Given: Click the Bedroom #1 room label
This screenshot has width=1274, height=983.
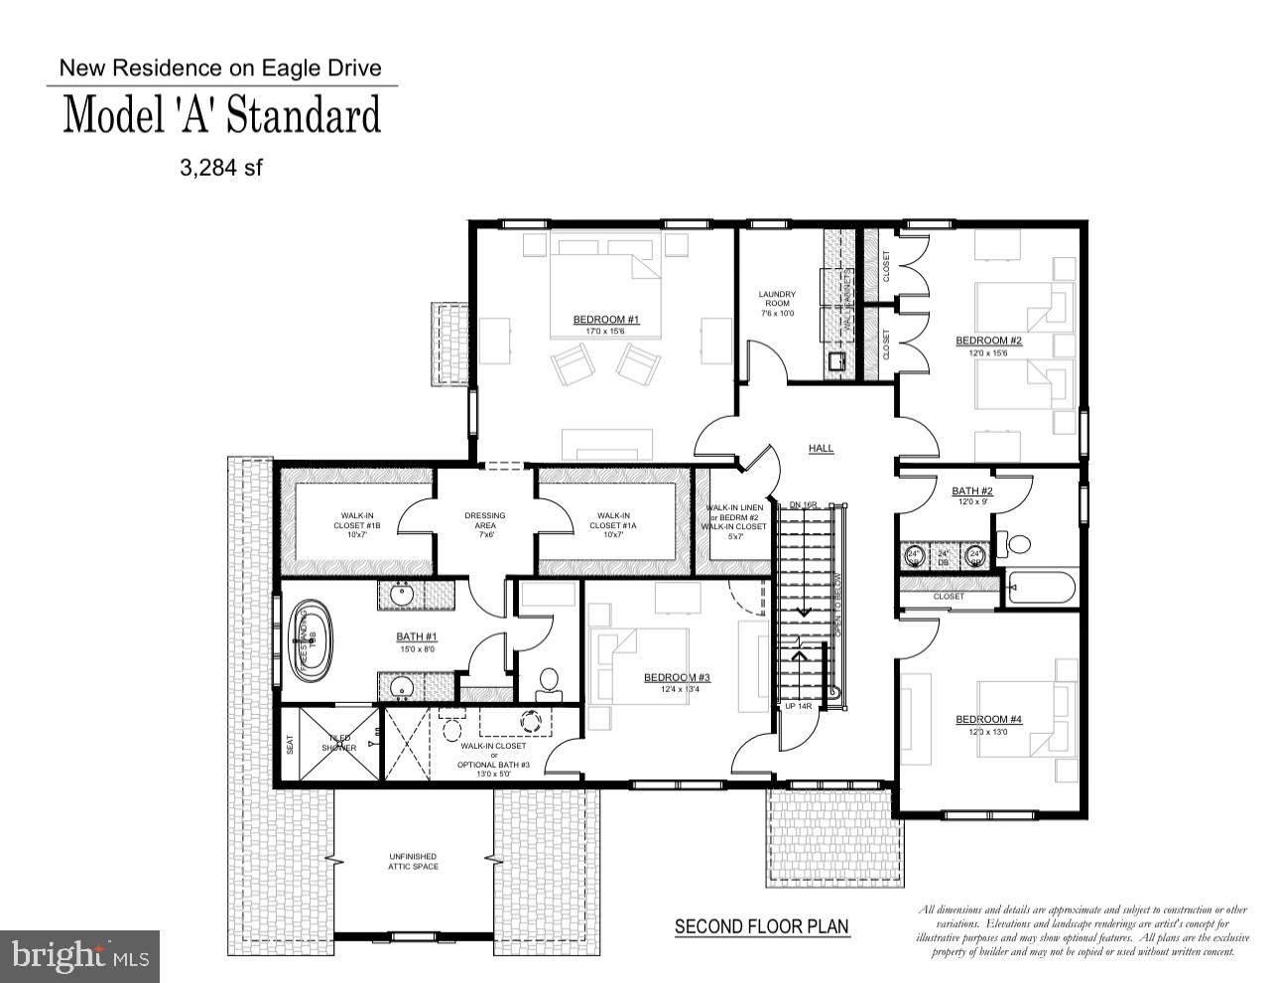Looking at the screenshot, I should coord(605,320).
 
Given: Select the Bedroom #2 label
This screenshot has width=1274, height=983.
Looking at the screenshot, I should coord(988,341).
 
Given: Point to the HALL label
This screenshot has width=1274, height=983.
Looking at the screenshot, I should coord(821,449).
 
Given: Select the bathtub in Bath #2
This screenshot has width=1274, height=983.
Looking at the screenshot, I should coord(1041,588).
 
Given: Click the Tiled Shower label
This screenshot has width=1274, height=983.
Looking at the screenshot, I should coord(338,743).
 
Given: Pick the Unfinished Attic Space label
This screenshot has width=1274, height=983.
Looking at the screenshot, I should coord(413,862).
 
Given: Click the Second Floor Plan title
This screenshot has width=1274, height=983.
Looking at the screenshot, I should coord(761,926).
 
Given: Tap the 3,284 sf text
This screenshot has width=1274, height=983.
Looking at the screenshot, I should coord(220,168).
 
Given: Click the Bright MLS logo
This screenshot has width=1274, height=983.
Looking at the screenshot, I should coord(79,956).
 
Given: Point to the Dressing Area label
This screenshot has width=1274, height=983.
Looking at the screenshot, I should coord(485,521).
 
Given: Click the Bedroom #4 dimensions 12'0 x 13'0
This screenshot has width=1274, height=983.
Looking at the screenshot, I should coord(988,733).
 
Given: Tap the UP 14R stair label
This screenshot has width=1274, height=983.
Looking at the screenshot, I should coord(798,706).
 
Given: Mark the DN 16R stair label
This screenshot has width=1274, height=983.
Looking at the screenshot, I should coord(803,505).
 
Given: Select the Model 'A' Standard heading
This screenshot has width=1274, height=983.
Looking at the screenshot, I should coord(222,115).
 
